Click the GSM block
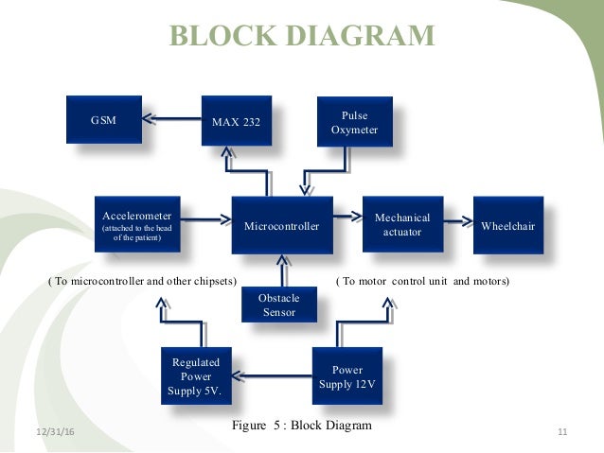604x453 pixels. point(102,120)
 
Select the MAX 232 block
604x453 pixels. point(236,121)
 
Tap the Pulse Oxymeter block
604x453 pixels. point(353,123)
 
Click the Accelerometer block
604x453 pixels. point(138,224)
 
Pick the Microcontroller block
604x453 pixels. point(282,225)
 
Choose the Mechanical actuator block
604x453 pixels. point(402,224)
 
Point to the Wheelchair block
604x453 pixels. point(508,225)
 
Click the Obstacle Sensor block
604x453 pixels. point(278,305)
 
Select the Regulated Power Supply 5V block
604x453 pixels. point(196,375)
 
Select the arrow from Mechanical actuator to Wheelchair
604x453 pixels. point(458,223)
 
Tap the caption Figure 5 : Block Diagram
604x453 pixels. point(302,426)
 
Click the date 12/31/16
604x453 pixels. point(55,432)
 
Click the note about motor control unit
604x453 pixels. point(423,282)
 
